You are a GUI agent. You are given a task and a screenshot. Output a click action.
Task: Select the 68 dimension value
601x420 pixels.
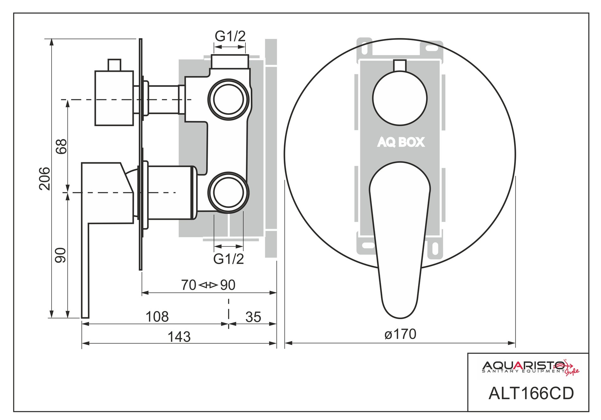61,146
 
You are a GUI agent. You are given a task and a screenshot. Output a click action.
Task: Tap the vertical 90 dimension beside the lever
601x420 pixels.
61,255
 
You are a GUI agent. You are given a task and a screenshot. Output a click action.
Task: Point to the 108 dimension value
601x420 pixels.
157,317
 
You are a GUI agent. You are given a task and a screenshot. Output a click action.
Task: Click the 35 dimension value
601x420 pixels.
253,317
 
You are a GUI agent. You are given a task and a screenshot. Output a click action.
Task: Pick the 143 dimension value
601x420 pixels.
179,337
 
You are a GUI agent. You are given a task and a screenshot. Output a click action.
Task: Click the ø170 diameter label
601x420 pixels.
400,334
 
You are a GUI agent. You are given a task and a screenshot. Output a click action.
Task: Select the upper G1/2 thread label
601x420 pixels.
230,36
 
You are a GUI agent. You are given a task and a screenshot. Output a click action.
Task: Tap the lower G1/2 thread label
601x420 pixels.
229,259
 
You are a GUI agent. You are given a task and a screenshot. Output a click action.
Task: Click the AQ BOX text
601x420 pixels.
401,142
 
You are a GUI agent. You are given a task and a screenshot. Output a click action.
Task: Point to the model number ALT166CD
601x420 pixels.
531,393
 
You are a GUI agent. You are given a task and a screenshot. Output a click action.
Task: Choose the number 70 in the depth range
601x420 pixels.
189,285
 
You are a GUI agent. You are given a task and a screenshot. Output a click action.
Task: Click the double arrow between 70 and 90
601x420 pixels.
208,285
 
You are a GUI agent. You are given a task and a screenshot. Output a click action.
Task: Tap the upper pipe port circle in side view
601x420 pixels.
228,99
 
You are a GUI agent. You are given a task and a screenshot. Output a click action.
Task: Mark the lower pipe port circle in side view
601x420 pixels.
228,193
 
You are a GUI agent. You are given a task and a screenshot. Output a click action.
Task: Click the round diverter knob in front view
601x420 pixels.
400,98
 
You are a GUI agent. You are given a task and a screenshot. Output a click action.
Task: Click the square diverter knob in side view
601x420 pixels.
114,98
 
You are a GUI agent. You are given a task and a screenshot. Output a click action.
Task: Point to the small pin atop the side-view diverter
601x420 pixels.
114,65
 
